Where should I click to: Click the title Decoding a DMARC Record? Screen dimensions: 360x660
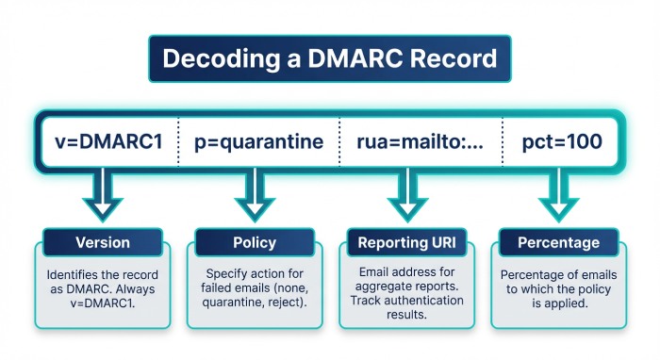click(329, 58)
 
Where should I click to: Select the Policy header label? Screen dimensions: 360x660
click(254, 242)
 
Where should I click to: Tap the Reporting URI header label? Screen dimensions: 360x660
click(406, 242)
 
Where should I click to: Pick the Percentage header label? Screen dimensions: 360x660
click(557, 242)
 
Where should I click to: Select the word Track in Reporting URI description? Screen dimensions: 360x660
click(369, 301)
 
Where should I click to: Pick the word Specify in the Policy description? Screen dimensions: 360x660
click(222, 274)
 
